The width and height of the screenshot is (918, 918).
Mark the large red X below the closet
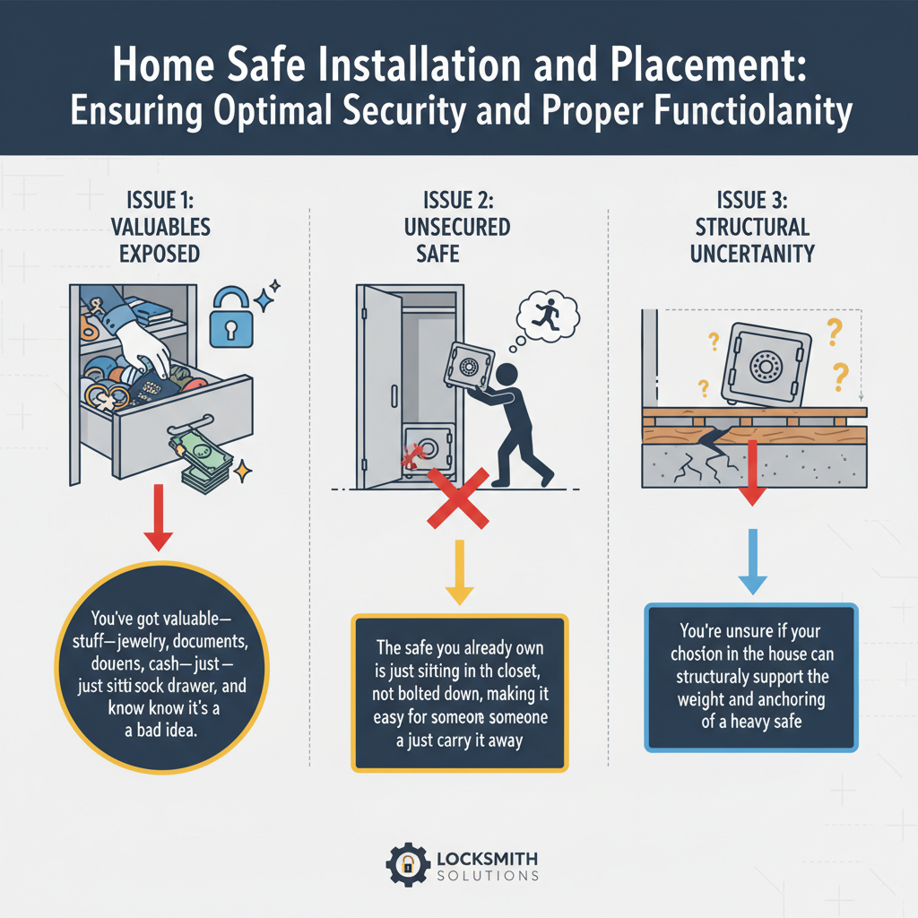click(458, 498)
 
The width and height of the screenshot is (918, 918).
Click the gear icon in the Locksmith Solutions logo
click(407, 864)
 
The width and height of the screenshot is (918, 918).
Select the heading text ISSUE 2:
click(458, 201)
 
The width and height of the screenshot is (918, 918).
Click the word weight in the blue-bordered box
click(684, 698)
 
